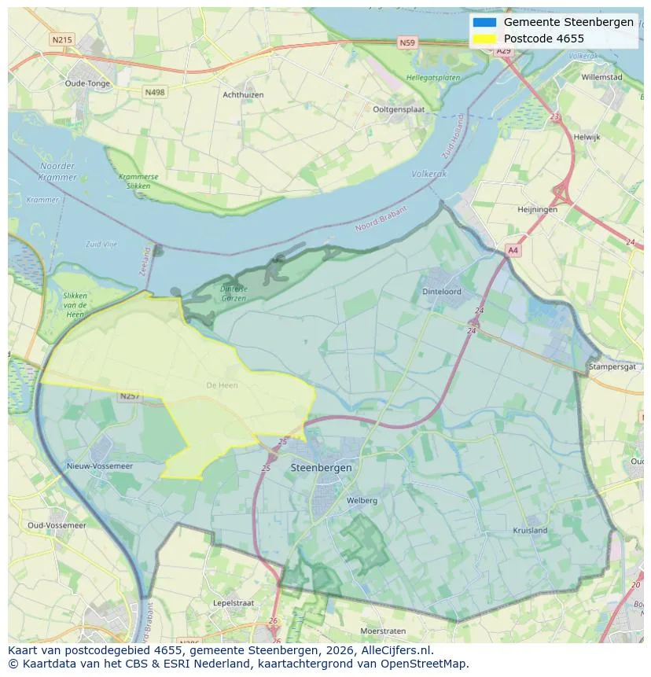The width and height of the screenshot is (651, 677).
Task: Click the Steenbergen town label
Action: (321, 467)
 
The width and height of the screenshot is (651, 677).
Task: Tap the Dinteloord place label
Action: (442, 292)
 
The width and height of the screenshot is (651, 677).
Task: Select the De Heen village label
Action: (222, 385)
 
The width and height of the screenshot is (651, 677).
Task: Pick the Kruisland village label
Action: (530, 530)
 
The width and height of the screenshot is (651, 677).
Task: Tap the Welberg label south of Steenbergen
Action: (362, 500)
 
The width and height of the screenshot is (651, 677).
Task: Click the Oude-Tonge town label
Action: (87, 83)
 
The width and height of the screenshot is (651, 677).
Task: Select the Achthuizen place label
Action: (243, 95)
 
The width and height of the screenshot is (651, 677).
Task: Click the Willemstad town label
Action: (601, 78)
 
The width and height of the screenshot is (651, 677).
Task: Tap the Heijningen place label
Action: (537, 210)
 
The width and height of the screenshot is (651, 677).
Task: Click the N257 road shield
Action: (130, 396)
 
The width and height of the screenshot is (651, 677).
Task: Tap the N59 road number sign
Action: (406, 43)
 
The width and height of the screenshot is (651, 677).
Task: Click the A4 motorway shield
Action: (513, 250)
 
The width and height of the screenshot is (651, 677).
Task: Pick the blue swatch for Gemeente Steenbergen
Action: (484, 22)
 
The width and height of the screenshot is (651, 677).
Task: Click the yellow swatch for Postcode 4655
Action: (484, 39)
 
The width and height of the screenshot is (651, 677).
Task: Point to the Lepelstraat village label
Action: (233, 603)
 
